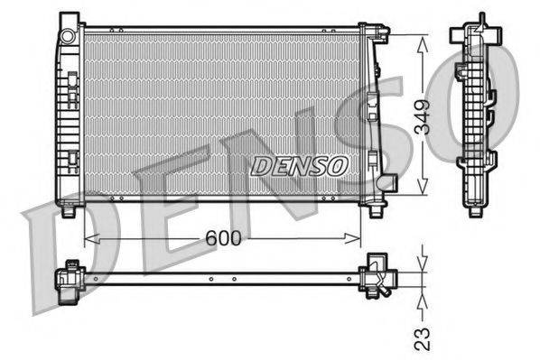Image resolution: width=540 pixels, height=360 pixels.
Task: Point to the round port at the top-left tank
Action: pyautogui.click(x=68, y=35)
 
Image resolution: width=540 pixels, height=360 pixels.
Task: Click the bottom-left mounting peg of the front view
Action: pyautogui.click(x=70, y=212)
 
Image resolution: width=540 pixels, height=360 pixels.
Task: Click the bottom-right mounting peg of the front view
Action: pyautogui.click(x=375, y=211)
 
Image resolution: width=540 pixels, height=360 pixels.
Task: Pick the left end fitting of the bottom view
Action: pyautogui.click(x=70, y=278)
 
